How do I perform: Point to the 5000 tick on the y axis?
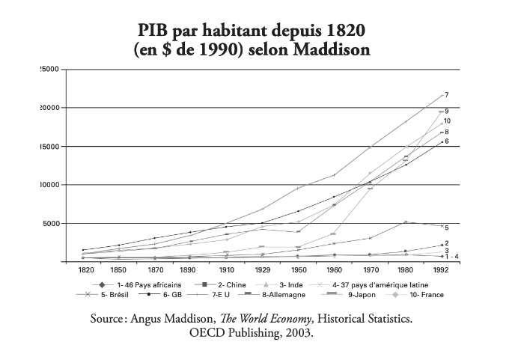pyautogui.click(x=49, y=223)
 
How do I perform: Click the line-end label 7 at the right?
pyautogui.click(x=446, y=95)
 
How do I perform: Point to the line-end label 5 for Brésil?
pyautogui.click(x=446, y=228)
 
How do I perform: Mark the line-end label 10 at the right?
pyautogui.click(x=447, y=121)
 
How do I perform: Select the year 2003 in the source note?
pyautogui.click(x=294, y=334)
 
